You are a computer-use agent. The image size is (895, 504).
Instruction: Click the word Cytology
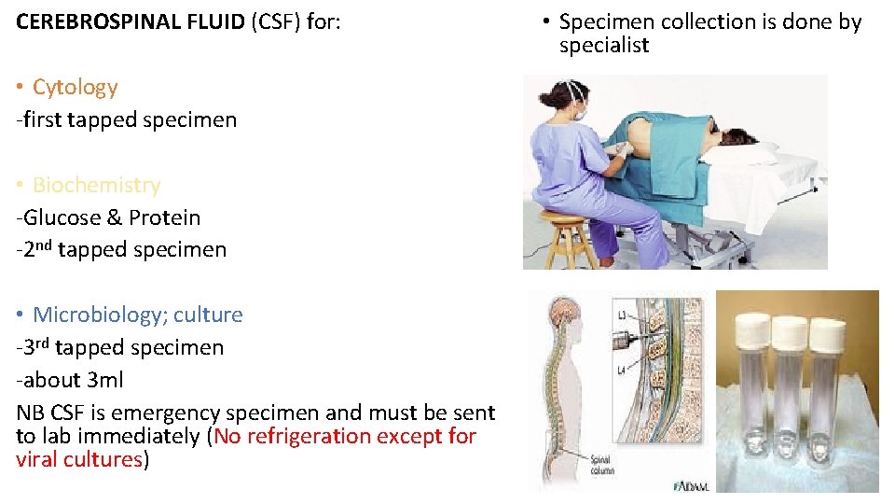[x=75, y=88]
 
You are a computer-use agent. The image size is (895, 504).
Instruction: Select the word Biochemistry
[x=96, y=186]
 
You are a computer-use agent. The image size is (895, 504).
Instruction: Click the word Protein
[x=164, y=218]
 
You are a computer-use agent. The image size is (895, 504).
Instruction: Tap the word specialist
[x=603, y=46]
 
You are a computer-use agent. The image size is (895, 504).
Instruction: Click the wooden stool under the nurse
[x=568, y=238]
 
